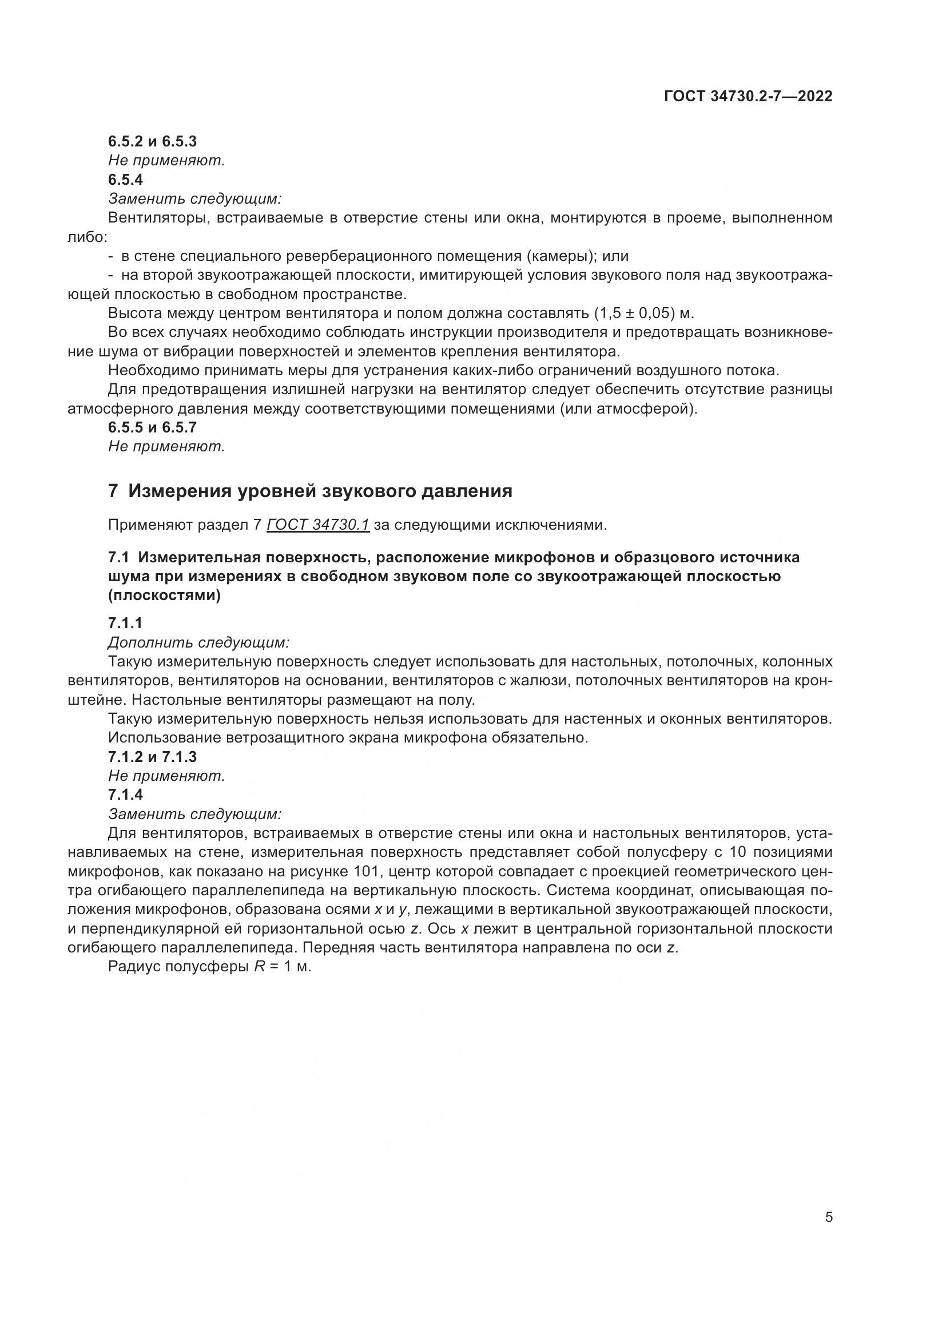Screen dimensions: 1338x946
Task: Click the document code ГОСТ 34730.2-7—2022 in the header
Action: (748, 96)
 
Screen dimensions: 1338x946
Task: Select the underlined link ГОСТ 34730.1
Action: (318, 525)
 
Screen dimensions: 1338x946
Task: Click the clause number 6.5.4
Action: (125, 180)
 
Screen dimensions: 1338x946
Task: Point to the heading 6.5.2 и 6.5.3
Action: (152, 141)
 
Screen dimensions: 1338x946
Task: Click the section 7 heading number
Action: (113, 491)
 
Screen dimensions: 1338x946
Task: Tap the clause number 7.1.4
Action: (125, 795)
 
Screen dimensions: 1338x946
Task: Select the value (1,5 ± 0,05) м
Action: (643, 313)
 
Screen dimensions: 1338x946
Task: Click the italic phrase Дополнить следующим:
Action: (198, 643)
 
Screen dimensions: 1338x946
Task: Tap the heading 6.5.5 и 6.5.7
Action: (152, 427)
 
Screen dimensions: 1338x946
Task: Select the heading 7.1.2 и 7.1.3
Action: (152, 757)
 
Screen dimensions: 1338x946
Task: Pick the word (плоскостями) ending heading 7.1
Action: (164, 596)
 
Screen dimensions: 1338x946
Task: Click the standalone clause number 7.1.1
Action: (125, 624)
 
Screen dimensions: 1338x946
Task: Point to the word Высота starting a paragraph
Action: (134, 313)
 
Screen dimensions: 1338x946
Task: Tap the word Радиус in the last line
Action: (134, 967)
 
